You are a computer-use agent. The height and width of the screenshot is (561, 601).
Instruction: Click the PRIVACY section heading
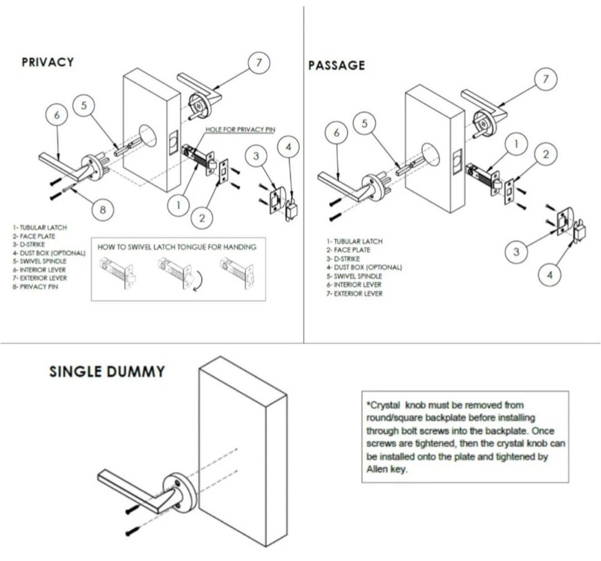47,62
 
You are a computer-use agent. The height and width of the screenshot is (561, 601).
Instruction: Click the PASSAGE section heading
337,65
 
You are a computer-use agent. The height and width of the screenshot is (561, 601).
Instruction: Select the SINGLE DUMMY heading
106,372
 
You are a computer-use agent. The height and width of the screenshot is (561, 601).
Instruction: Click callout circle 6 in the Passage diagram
337,133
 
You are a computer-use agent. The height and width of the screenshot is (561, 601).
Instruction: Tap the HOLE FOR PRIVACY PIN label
240,129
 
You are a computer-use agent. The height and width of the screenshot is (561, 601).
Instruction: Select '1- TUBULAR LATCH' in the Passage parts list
354,241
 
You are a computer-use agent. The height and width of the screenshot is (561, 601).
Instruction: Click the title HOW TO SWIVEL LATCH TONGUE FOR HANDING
177,247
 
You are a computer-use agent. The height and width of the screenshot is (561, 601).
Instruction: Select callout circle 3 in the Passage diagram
516,252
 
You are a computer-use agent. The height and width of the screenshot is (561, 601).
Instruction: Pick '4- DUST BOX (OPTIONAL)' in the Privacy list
49,253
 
